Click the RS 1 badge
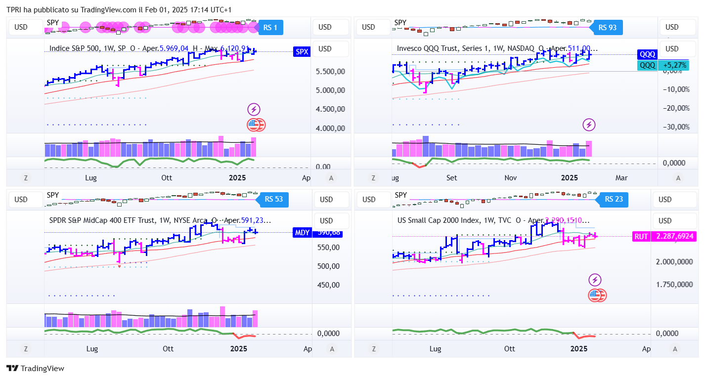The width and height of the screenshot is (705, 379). point(270,28)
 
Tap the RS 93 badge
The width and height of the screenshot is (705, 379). point(608,28)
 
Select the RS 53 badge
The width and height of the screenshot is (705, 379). point(273,199)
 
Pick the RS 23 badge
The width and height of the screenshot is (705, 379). point(614,199)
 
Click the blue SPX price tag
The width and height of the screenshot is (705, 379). point(301,51)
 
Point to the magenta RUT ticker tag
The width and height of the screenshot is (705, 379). point(641,237)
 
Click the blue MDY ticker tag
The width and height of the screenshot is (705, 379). point(302,233)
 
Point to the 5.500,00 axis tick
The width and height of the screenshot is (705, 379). point(331,72)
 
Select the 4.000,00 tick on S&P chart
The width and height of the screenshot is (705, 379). point(331,128)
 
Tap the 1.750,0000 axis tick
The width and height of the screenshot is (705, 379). point(674,285)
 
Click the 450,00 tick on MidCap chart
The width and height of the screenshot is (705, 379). point(328,285)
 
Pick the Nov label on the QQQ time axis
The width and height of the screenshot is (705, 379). point(511,178)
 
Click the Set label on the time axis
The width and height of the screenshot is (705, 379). point(451,178)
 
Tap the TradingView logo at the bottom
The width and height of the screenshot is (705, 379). point(35,368)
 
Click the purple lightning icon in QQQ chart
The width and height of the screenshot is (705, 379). point(589,125)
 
